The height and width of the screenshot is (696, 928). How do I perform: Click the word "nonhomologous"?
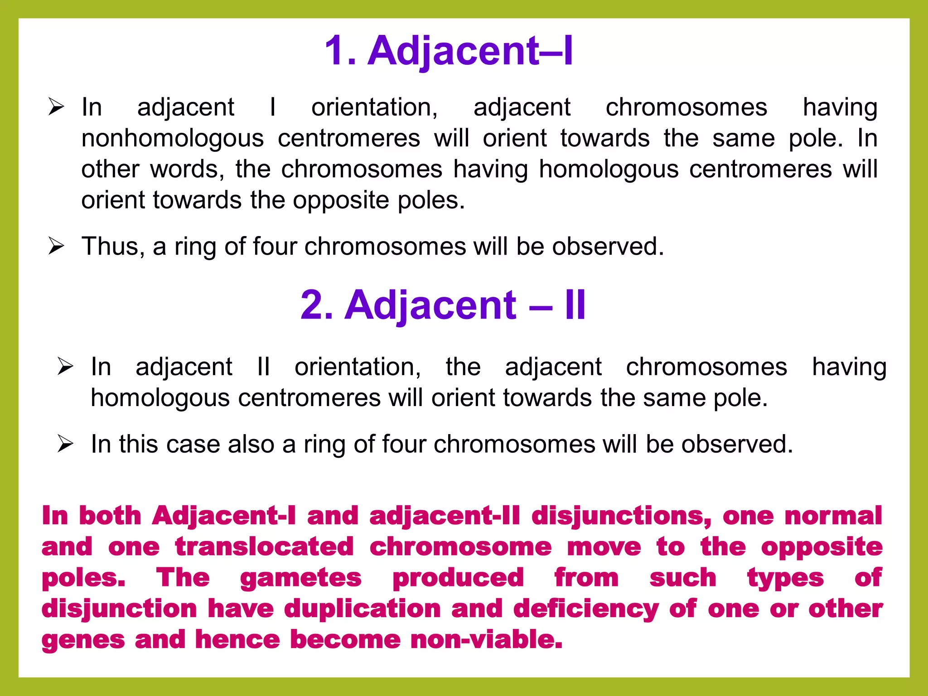coord(172,138)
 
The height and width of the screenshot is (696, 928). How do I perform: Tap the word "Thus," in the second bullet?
coord(113,246)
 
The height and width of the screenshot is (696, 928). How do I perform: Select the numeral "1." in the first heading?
coord(340,51)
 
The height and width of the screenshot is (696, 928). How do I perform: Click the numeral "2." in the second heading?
coord(317,305)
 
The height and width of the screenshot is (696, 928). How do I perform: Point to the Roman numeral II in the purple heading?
coord(575,305)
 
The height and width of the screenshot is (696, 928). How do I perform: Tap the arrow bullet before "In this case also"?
coord(65,444)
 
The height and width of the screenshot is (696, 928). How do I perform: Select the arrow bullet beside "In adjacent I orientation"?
coord(56,107)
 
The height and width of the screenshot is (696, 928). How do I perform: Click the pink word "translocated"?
coord(264,546)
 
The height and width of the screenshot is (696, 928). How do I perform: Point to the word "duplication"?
coord(362,608)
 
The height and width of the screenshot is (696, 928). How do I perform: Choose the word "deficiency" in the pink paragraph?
coord(586,608)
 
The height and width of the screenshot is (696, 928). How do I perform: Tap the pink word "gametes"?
coord(301,578)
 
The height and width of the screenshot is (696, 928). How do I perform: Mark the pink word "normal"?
coord(833,516)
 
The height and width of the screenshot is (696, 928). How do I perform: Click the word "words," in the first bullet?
coord(187,169)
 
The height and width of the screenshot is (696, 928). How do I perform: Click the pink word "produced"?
coord(458,578)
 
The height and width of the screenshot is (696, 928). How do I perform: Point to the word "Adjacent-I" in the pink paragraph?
coord(224,516)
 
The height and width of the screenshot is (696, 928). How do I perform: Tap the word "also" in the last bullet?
coord(251,444)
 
